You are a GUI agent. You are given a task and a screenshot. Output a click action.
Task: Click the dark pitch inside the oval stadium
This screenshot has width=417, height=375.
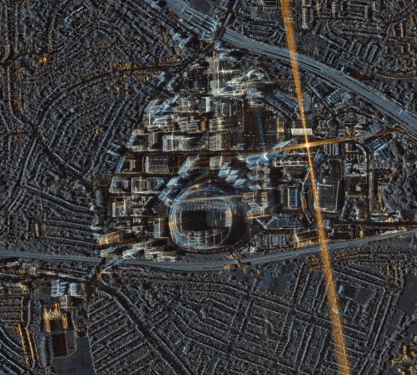pos(199,219)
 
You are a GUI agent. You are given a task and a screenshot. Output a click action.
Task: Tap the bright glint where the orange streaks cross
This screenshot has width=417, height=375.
pos(307,145)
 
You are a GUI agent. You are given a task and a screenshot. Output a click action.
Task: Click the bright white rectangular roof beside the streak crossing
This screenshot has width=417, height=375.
pos(302,132)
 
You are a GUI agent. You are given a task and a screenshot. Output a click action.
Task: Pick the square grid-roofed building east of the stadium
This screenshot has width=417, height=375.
pos(327,196)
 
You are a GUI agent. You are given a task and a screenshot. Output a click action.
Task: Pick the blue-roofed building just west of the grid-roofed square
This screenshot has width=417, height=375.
pos(293,196)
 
